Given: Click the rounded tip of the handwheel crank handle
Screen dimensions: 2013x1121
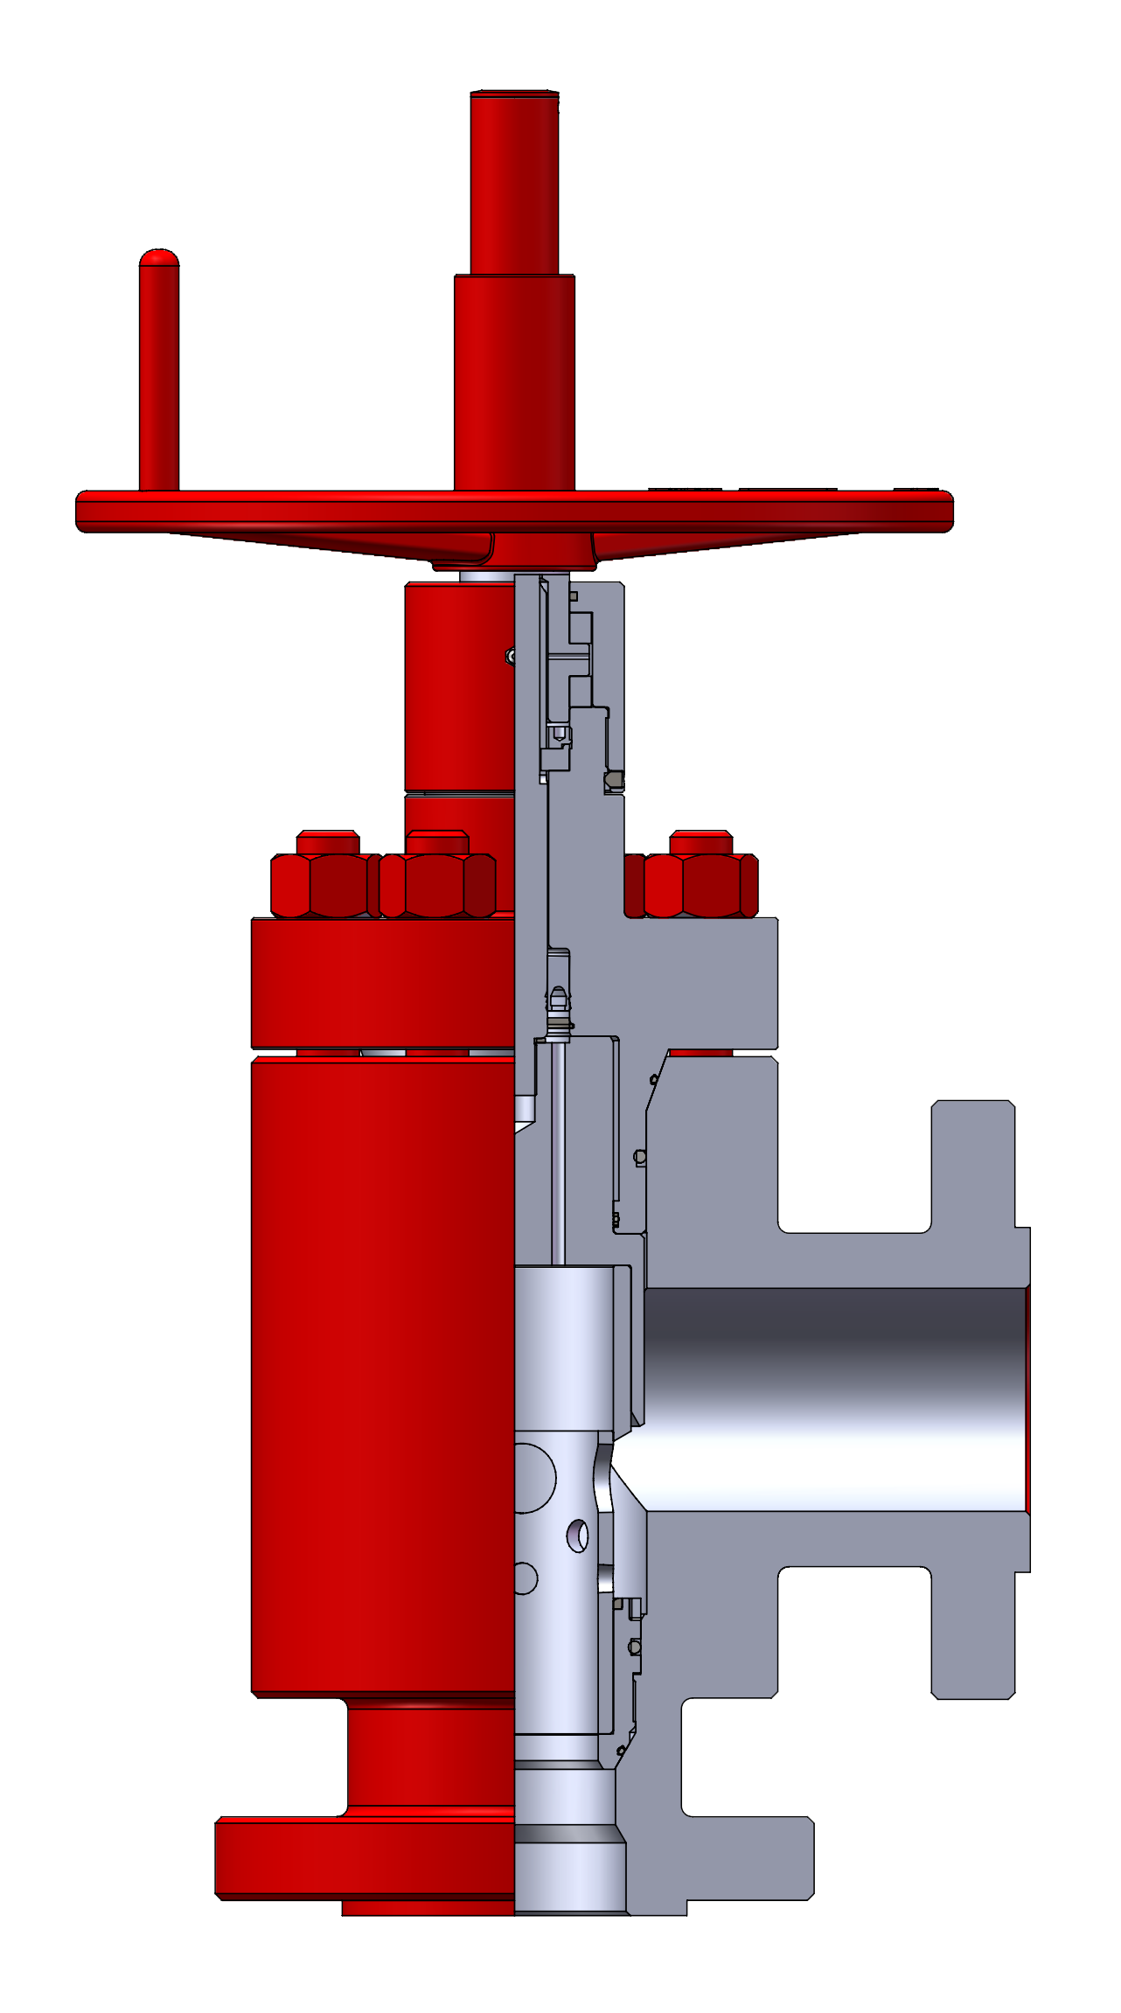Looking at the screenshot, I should [x=159, y=258].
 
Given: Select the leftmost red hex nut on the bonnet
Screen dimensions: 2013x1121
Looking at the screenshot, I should [x=324, y=885].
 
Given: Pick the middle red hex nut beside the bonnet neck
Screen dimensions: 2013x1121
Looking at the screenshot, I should [x=436, y=885].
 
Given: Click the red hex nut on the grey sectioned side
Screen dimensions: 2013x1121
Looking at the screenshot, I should [x=700, y=885].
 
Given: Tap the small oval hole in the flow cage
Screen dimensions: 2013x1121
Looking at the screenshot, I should [x=578, y=1536].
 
